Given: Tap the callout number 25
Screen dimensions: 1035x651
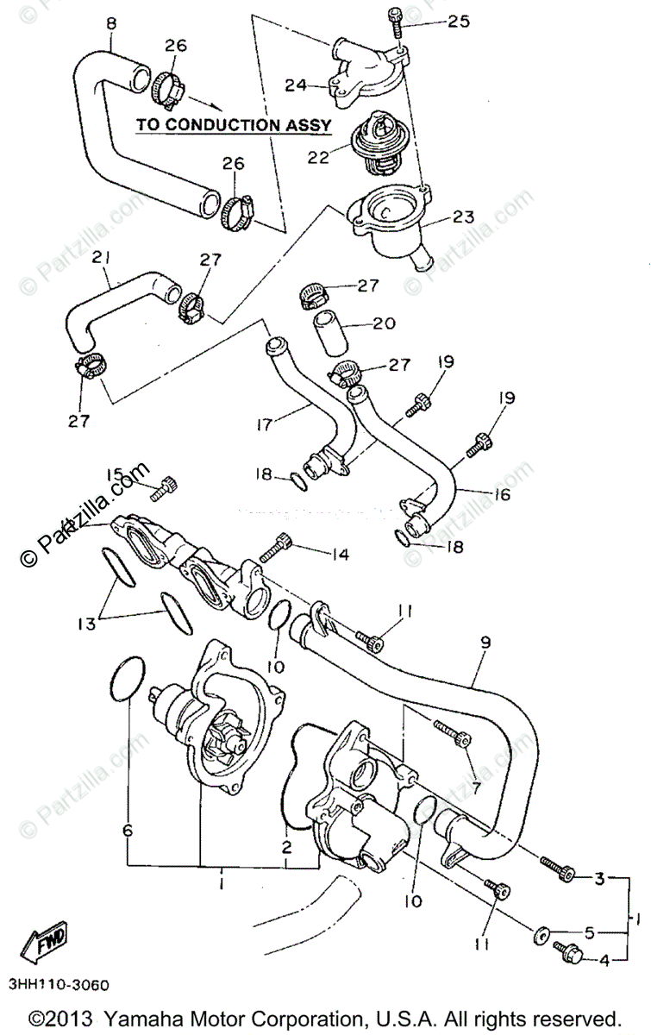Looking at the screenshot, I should click(x=458, y=22).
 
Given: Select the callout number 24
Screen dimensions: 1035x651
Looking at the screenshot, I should click(x=297, y=85).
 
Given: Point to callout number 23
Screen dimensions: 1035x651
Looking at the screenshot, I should click(x=464, y=217).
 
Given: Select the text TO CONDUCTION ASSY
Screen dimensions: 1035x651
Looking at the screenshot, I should click(x=234, y=124).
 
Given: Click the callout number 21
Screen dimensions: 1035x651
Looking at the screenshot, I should click(x=103, y=257).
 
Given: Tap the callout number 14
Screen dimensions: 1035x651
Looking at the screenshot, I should click(x=341, y=555).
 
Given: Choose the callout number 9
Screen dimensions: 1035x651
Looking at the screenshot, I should click(x=485, y=642).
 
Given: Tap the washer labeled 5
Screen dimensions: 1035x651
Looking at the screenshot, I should click(x=547, y=933).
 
